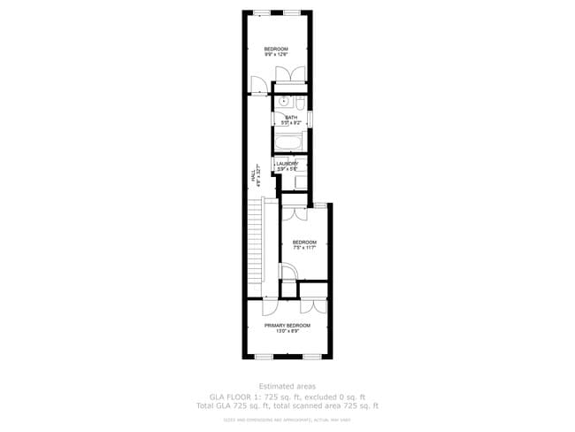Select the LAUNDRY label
[287, 163]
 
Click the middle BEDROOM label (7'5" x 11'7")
[303, 242]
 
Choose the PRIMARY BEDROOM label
[287, 326]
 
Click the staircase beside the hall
[257, 248]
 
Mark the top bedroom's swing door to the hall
[257, 86]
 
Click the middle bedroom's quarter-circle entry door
[287, 272]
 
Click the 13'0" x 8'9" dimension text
[287, 332]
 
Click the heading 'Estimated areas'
[287, 385]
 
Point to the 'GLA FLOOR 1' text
[235, 396]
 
